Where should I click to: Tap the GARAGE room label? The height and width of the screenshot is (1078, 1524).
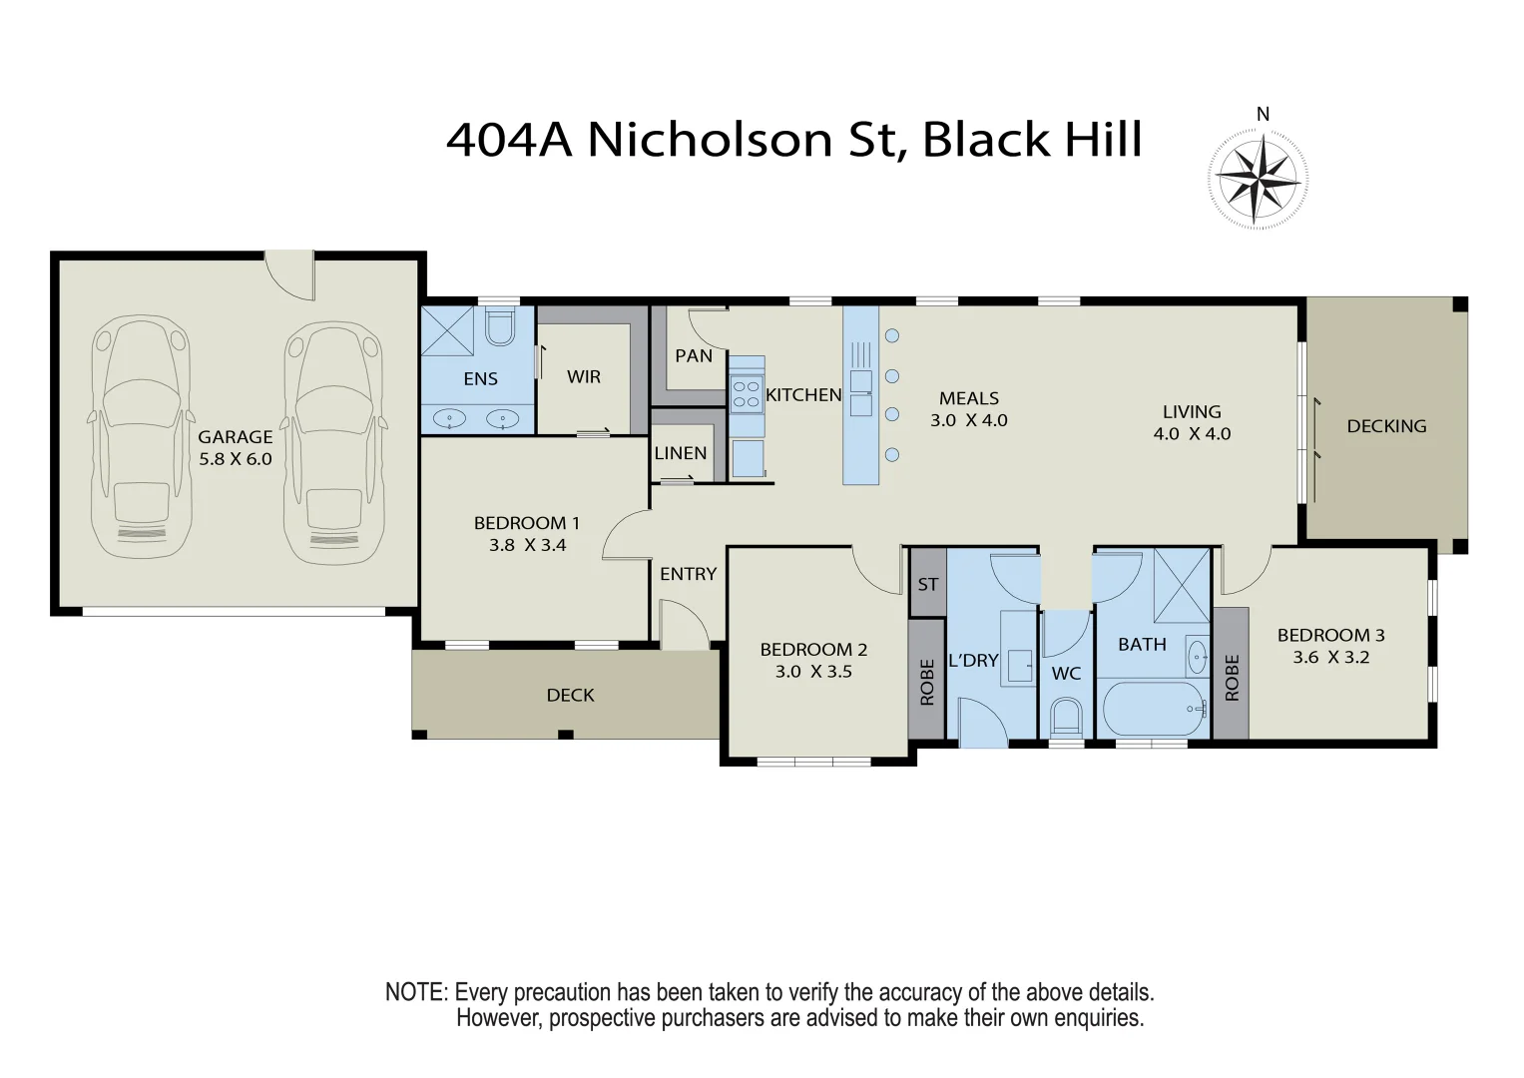click(235, 437)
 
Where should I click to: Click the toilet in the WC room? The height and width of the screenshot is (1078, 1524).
click(1066, 716)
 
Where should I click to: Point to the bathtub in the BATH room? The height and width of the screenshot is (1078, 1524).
click(1154, 710)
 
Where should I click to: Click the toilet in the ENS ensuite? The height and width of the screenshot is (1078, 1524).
click(498, 325)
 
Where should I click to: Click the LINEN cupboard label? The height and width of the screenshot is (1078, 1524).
click(681, 453)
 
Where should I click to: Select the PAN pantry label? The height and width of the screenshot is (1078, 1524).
click(694, 356)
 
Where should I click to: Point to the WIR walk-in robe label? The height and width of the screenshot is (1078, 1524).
click(584, 377)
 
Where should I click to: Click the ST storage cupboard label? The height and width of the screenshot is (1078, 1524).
click(928, 584)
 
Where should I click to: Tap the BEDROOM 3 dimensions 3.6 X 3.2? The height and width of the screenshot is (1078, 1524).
click(1330, 658)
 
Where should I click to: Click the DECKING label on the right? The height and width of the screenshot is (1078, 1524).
click(1386, 426)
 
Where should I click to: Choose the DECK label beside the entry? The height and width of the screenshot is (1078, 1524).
click(570, 696)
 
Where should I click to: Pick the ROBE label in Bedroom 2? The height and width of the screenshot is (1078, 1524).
click(927, 682)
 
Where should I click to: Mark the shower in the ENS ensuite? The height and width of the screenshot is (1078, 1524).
click(448, 330)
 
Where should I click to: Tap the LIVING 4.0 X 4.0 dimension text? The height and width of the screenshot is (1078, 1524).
click(1192, 434)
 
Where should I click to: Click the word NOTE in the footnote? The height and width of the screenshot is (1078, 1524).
click(415, 993)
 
